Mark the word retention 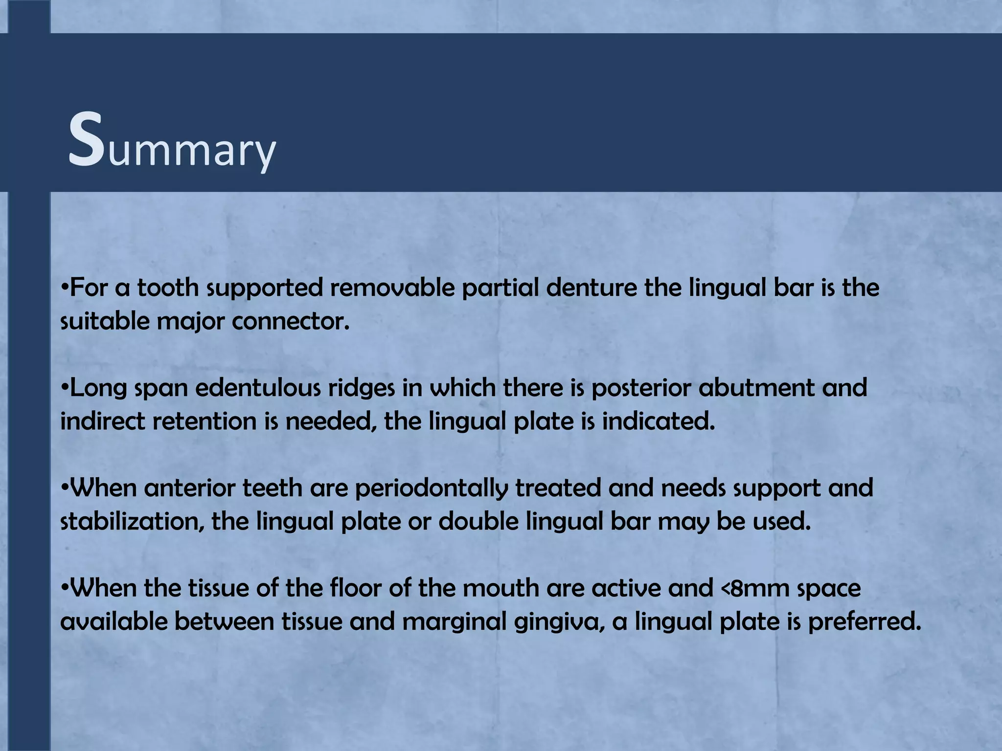pos(205,421)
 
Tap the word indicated pos(658,421)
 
